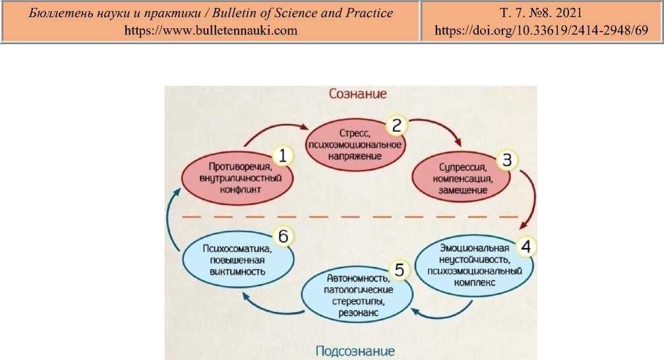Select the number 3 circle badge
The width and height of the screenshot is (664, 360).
click(506, 160)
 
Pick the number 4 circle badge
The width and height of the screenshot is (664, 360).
click(525, 245)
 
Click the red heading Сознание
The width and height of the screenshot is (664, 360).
click(357, 94)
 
